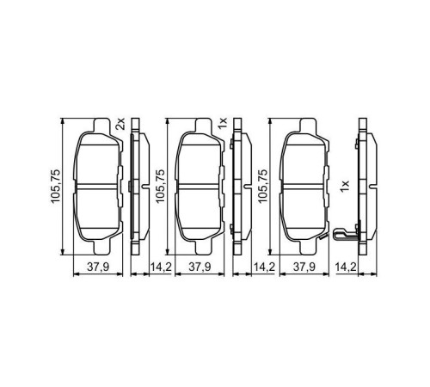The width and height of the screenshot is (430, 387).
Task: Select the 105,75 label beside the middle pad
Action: tap(159, 184)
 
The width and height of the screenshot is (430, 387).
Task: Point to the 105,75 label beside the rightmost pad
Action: tap(262, 184)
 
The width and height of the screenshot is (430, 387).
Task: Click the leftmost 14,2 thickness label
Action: tap(161, 267)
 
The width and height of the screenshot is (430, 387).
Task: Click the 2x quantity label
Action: tap(120, 124)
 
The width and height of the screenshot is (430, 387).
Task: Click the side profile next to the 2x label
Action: tap(134, 184)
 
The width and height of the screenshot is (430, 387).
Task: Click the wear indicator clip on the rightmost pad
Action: tap(343, 236)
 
